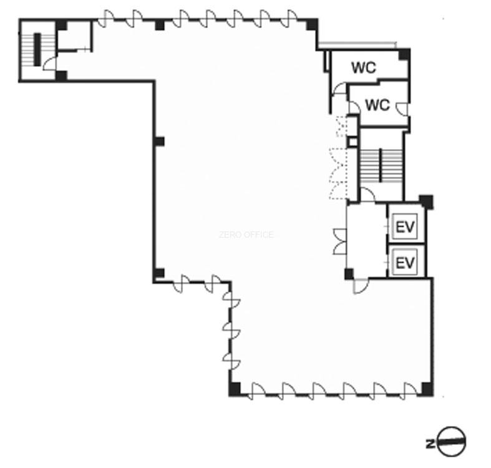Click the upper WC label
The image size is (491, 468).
tap(364, 67)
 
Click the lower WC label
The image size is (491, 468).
tap(377, 105)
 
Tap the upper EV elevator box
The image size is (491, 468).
tap(405, 227)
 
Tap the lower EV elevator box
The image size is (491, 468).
tap(405, 262)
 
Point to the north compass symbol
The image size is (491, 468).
tap(451, 441)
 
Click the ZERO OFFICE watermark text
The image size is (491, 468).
tap(246, 235)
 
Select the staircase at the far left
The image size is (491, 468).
tap(37, 49)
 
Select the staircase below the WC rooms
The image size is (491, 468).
tap(381, 166)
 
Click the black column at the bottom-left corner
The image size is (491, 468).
tap(235, 389)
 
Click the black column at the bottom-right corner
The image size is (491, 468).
tap(427, 389)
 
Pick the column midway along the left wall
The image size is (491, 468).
tap(159, 142)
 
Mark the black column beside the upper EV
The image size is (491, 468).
tap(427, 202)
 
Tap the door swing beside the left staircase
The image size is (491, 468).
tap(49, 64)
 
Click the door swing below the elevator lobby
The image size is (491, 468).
tap(360, 286)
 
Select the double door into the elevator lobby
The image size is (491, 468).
tap(340, 241)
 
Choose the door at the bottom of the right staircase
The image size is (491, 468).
tap(367, 194)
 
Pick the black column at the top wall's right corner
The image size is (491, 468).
tap(312, 24)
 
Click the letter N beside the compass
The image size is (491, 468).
tap(430, 444)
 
